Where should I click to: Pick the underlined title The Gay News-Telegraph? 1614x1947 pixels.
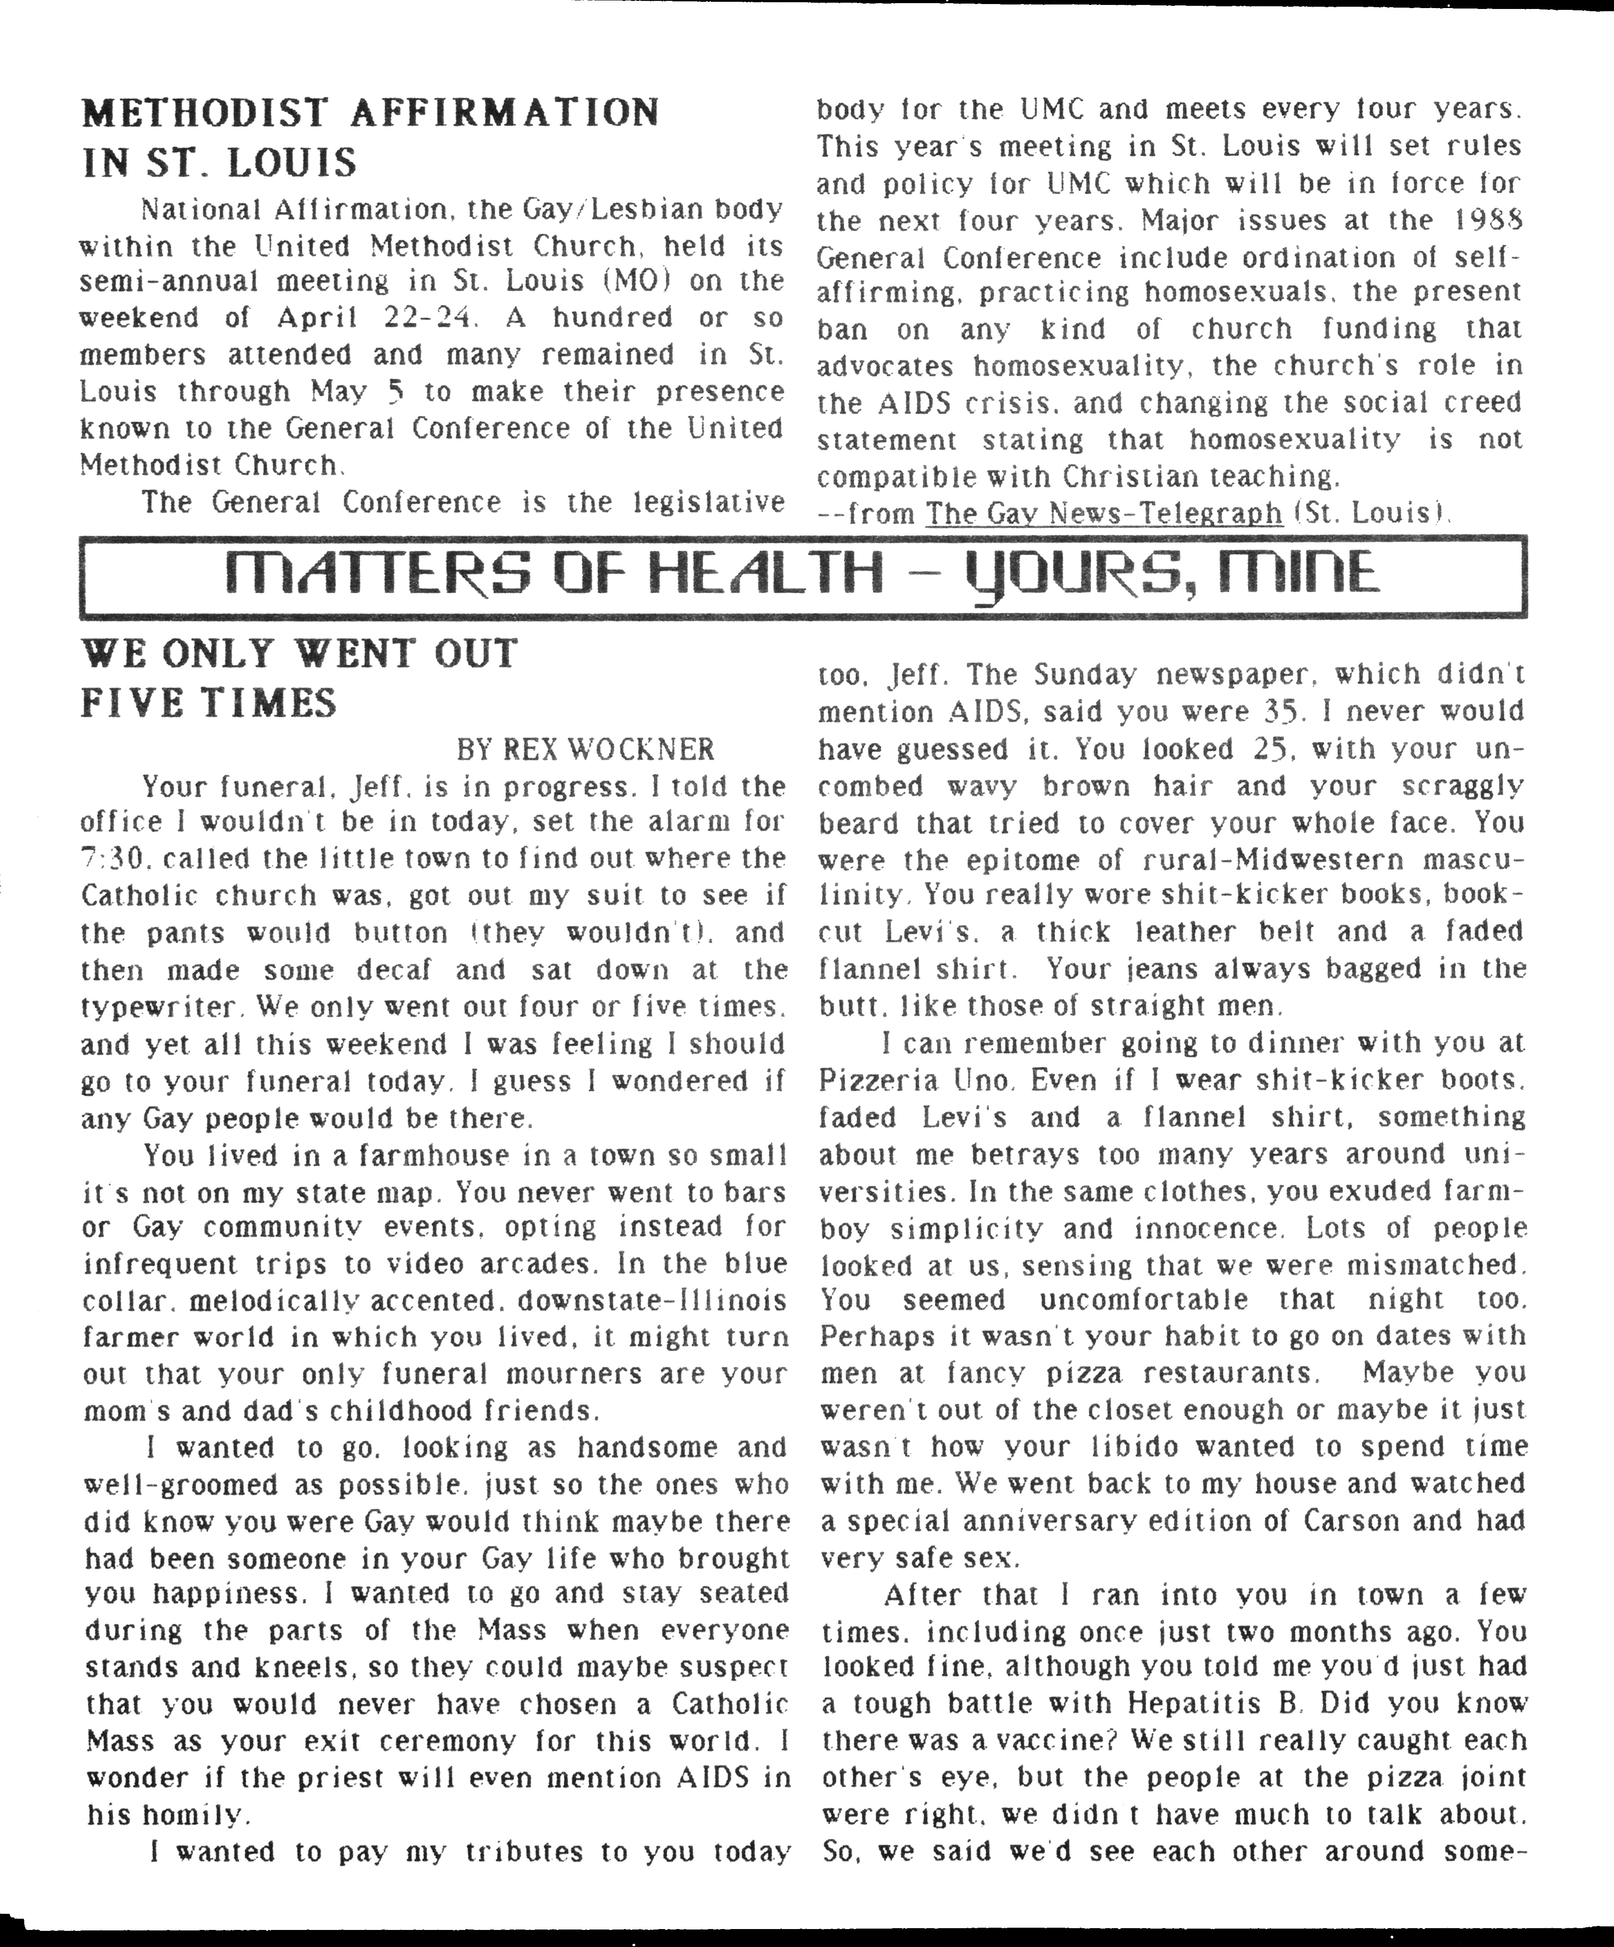[x=1103, y=513]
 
